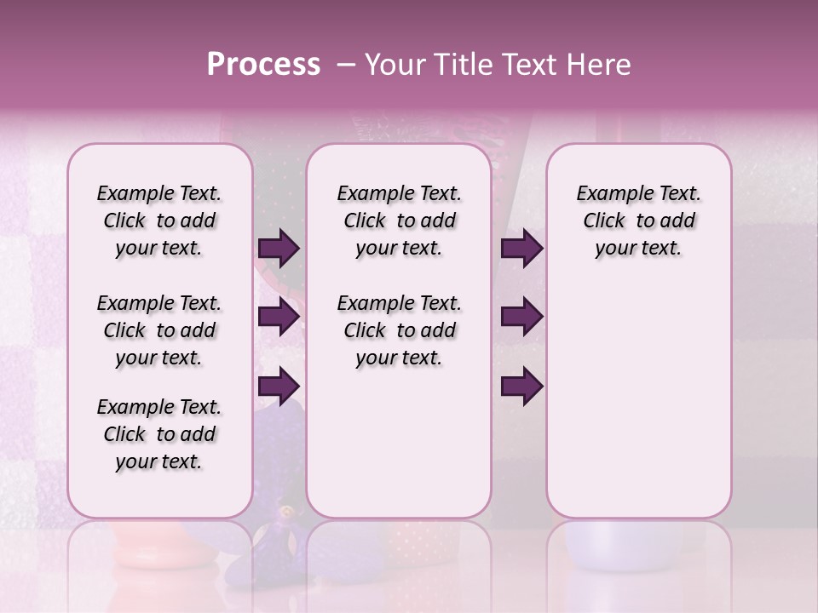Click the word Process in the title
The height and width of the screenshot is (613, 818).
coord(263,64)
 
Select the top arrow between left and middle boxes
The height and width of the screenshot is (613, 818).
coord(278,249)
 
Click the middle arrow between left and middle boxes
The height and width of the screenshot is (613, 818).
coord(278,318)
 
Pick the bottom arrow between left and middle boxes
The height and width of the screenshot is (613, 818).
coord(278,386)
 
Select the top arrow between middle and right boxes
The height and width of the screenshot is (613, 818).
coord(521,249)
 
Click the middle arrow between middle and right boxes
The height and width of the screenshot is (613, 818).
coord(521,318)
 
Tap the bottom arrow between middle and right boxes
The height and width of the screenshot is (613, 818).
coord(521,386)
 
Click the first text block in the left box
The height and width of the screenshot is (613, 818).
coord(159,221)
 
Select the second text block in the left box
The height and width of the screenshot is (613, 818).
coord(159,330)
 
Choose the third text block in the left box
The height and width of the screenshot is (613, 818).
coord(159,434)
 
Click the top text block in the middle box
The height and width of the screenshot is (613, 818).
coord(399,221)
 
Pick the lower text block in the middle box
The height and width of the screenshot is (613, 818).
coord(399,330)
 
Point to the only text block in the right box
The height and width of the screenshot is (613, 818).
coord(638,221)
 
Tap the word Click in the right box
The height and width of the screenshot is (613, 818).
coord(604,221)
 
